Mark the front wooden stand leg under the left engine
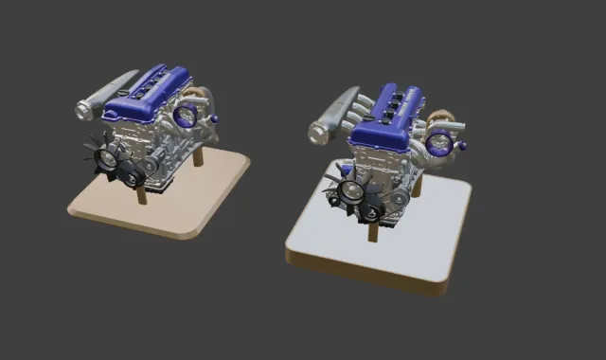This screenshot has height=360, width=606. tap(141, 196)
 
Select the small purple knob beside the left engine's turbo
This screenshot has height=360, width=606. tap(216, 118)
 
